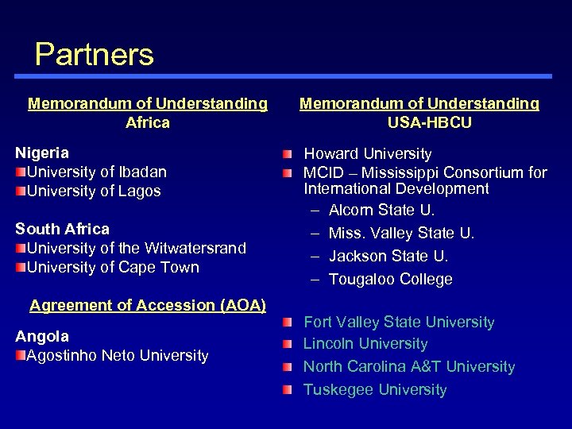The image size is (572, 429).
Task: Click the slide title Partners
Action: pyautogui.click(x=94, y=55)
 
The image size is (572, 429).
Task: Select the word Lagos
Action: pyautogui.click(x=140, y=191)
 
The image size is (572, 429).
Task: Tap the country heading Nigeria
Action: pyautogui.click(x=42, y=153)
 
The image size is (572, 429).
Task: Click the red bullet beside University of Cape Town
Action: pyautogui.click(x=21, y=267)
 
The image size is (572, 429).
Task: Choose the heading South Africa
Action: pyautogui.click(x=62, y=229)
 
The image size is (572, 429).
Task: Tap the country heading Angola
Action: pyautogui.click(x=42, y=336)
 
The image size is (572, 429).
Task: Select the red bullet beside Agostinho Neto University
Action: pyautogui.click(x=21, y=355)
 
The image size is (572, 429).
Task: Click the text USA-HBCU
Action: pyautogui.click(x=429, y=122)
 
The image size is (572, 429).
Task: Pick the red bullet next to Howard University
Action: pyautogui.click(x=288, y=153)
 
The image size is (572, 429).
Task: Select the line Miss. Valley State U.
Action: pyautogui.click(x=401, y=233)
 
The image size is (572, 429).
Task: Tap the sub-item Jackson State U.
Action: pyautogui.click(x=388, y=256)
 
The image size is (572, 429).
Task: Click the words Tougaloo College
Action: pyautogui.click(x=390, y=279)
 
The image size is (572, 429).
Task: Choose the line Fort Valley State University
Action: pyautogui.click(x=399, y=322)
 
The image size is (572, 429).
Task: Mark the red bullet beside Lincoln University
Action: pyautogui.click(x=288, y=344)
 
